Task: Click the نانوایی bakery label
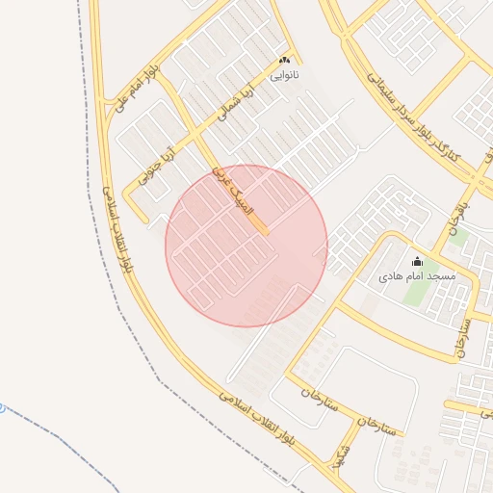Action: point(283,74)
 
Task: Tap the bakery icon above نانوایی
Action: point(283,60)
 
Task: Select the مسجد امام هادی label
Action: point(416,276)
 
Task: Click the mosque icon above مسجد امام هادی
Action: point(417,261)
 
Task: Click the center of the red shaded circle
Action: point(246,246)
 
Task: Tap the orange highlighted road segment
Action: point(257,222)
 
